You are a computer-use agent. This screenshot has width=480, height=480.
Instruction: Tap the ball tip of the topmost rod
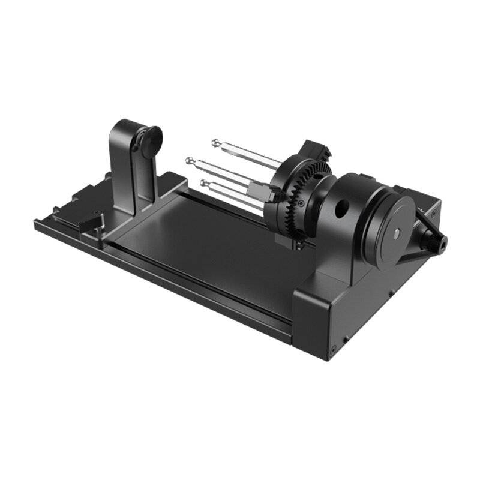(215, 142)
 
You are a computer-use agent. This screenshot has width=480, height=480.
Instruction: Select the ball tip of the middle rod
(190, 160)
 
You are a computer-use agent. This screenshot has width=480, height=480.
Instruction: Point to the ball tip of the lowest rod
(204, 182)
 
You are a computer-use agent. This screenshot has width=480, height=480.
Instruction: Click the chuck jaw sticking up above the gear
(313, 149)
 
